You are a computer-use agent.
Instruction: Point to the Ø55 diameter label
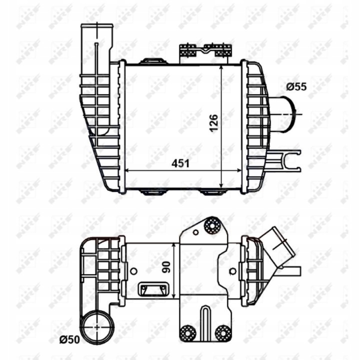(x=296, y=86)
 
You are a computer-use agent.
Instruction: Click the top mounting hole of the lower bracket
(x=212, y=226)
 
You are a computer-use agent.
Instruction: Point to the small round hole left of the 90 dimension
(x=133, y=271)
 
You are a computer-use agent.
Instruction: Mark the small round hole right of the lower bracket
(x=232, y=271)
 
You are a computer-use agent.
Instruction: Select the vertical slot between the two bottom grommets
(x=204, y=322)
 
